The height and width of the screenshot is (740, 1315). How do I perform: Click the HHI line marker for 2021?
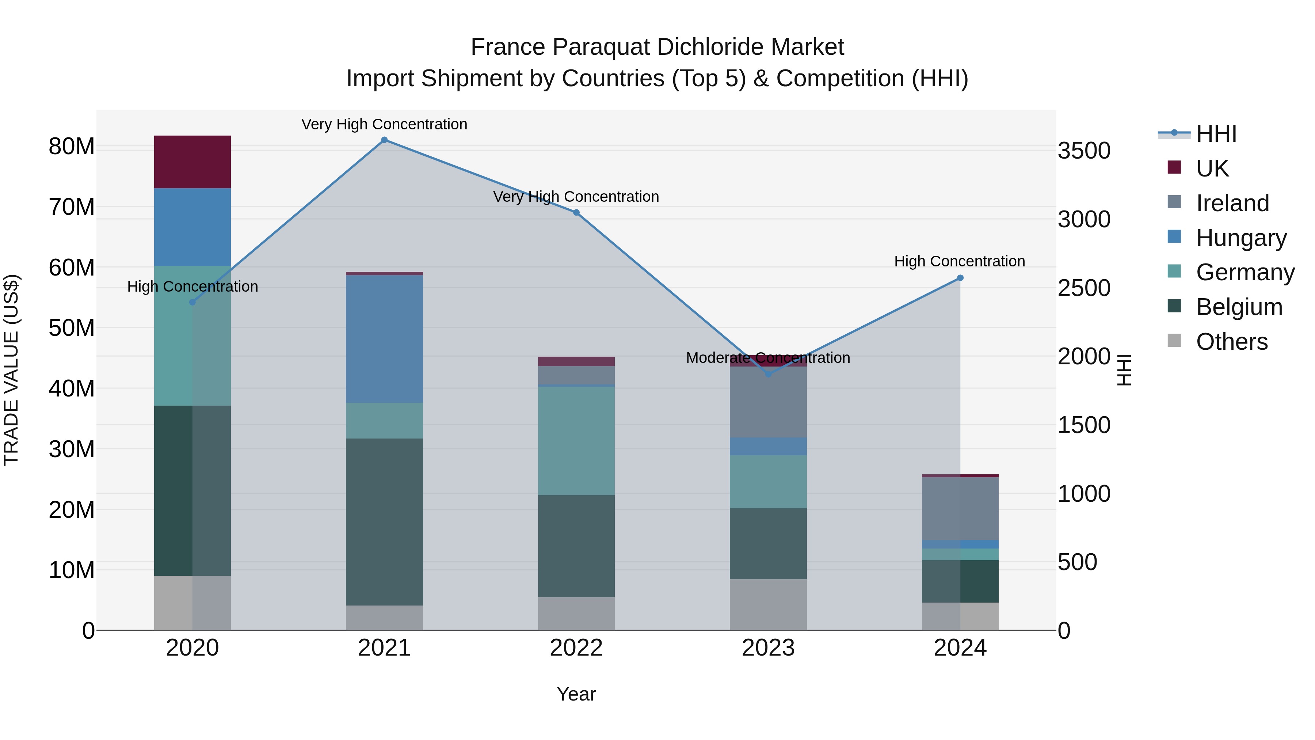click(x=384, y=140)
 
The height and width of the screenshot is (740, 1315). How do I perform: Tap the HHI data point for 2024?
click(x=960, y=278)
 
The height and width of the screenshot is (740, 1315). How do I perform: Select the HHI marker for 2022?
click(x=576, y=212)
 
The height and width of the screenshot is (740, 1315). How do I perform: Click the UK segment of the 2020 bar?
click(x=193, y=162)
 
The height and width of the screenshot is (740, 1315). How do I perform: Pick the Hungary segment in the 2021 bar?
click(x=384, y=339)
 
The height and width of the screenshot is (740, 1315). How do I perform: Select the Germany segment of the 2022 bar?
click(x=576, y=440)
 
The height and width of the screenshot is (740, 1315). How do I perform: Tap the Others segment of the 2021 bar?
click(x=384, y=618)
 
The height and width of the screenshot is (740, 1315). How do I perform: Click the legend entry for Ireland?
click(x=1232, y=203)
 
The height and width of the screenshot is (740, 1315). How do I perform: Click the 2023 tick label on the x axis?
click(x=768, y=648)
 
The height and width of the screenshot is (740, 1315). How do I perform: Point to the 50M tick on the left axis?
click(x=72, y=328)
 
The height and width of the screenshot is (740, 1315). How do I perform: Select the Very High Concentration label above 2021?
click(x=384, y=124)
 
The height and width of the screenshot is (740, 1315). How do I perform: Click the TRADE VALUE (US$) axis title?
click(x=11, y=370)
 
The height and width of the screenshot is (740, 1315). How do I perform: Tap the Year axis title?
click(x=576, y=694)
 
